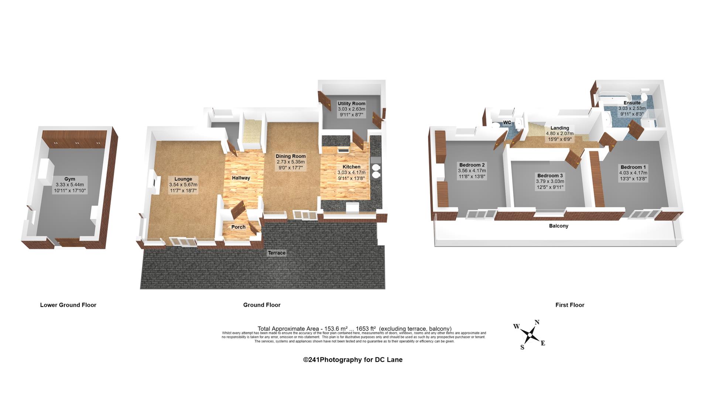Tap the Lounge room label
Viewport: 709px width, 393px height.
click(183, 179)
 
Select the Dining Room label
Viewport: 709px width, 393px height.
click(291, 156)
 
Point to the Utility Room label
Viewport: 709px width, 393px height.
click(352, 104)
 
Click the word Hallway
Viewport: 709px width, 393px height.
click(241, 178)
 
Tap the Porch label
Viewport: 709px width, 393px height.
click(238, 227)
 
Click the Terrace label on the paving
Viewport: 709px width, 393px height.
click(277, 253)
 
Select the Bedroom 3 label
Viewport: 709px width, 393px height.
click(550, 176)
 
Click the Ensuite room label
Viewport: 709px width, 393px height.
click(632, 103)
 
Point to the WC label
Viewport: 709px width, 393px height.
click(507, 122)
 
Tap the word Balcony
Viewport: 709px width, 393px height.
click(559, 226)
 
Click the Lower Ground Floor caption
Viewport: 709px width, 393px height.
click(68, 305)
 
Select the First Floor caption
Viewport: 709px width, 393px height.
click(570, 305)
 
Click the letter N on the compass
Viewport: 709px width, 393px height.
click(537, 322)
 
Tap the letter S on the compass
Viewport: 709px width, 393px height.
click(522, 347)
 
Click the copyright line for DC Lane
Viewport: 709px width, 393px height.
click(353, 360)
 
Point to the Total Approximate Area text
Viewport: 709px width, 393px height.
click(354, 329)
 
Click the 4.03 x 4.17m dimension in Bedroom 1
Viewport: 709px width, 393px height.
click(633, 173)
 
